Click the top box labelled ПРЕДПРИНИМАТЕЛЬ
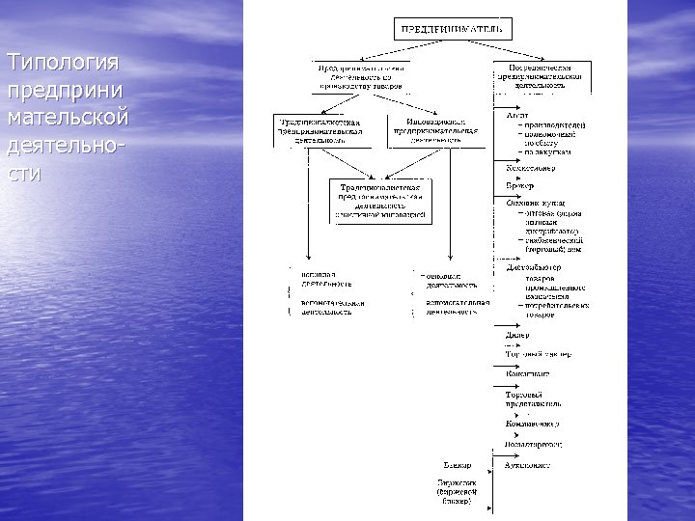[451, 29]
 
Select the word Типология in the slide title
[63, 64]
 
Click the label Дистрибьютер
[534, 267]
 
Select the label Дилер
[518, 337]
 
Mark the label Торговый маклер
[538, 354]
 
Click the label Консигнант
[528, 372]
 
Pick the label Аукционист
[528, 464]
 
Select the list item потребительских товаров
[555, 310]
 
